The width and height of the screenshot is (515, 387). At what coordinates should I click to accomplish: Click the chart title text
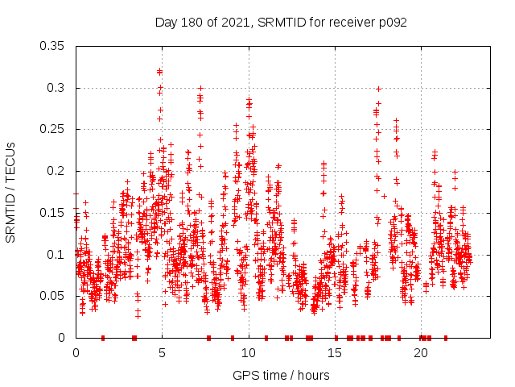(x=281, y=22)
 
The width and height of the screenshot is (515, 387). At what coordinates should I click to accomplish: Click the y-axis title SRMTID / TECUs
(x=11, y=192)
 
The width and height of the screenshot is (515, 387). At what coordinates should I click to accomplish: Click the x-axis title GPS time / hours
(x=281, y=375)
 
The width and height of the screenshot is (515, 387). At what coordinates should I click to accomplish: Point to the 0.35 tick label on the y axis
(x=53, y=46)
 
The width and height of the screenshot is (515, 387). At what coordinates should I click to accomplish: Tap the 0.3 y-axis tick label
(x=57, y=88)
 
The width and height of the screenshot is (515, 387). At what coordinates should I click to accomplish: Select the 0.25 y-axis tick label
(x=53, y=129)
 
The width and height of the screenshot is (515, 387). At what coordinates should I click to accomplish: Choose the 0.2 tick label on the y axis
(x=57, y=171)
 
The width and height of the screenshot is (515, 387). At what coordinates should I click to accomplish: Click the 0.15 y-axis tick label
(x=53, y=213)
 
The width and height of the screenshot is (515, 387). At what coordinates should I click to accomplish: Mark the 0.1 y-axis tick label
(x=57, y=254)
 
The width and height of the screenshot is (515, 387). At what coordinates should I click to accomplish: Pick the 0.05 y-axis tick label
(x=53, y=296)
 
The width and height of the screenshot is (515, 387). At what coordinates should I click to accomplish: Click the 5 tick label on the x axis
(x=163, y=353)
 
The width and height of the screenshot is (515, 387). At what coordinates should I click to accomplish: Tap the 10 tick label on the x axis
(x=249, y=353)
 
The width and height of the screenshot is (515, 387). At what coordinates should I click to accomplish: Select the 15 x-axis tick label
(x=335, y=353)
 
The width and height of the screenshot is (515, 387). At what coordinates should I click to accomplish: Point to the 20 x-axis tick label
(x=421, y=353)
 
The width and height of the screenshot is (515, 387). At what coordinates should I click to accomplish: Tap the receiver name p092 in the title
(x=393, y=22)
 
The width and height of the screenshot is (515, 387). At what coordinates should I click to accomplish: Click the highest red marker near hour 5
(x=159, y=71)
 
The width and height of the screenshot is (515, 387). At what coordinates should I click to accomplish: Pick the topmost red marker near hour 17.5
(x=378, y=89)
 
